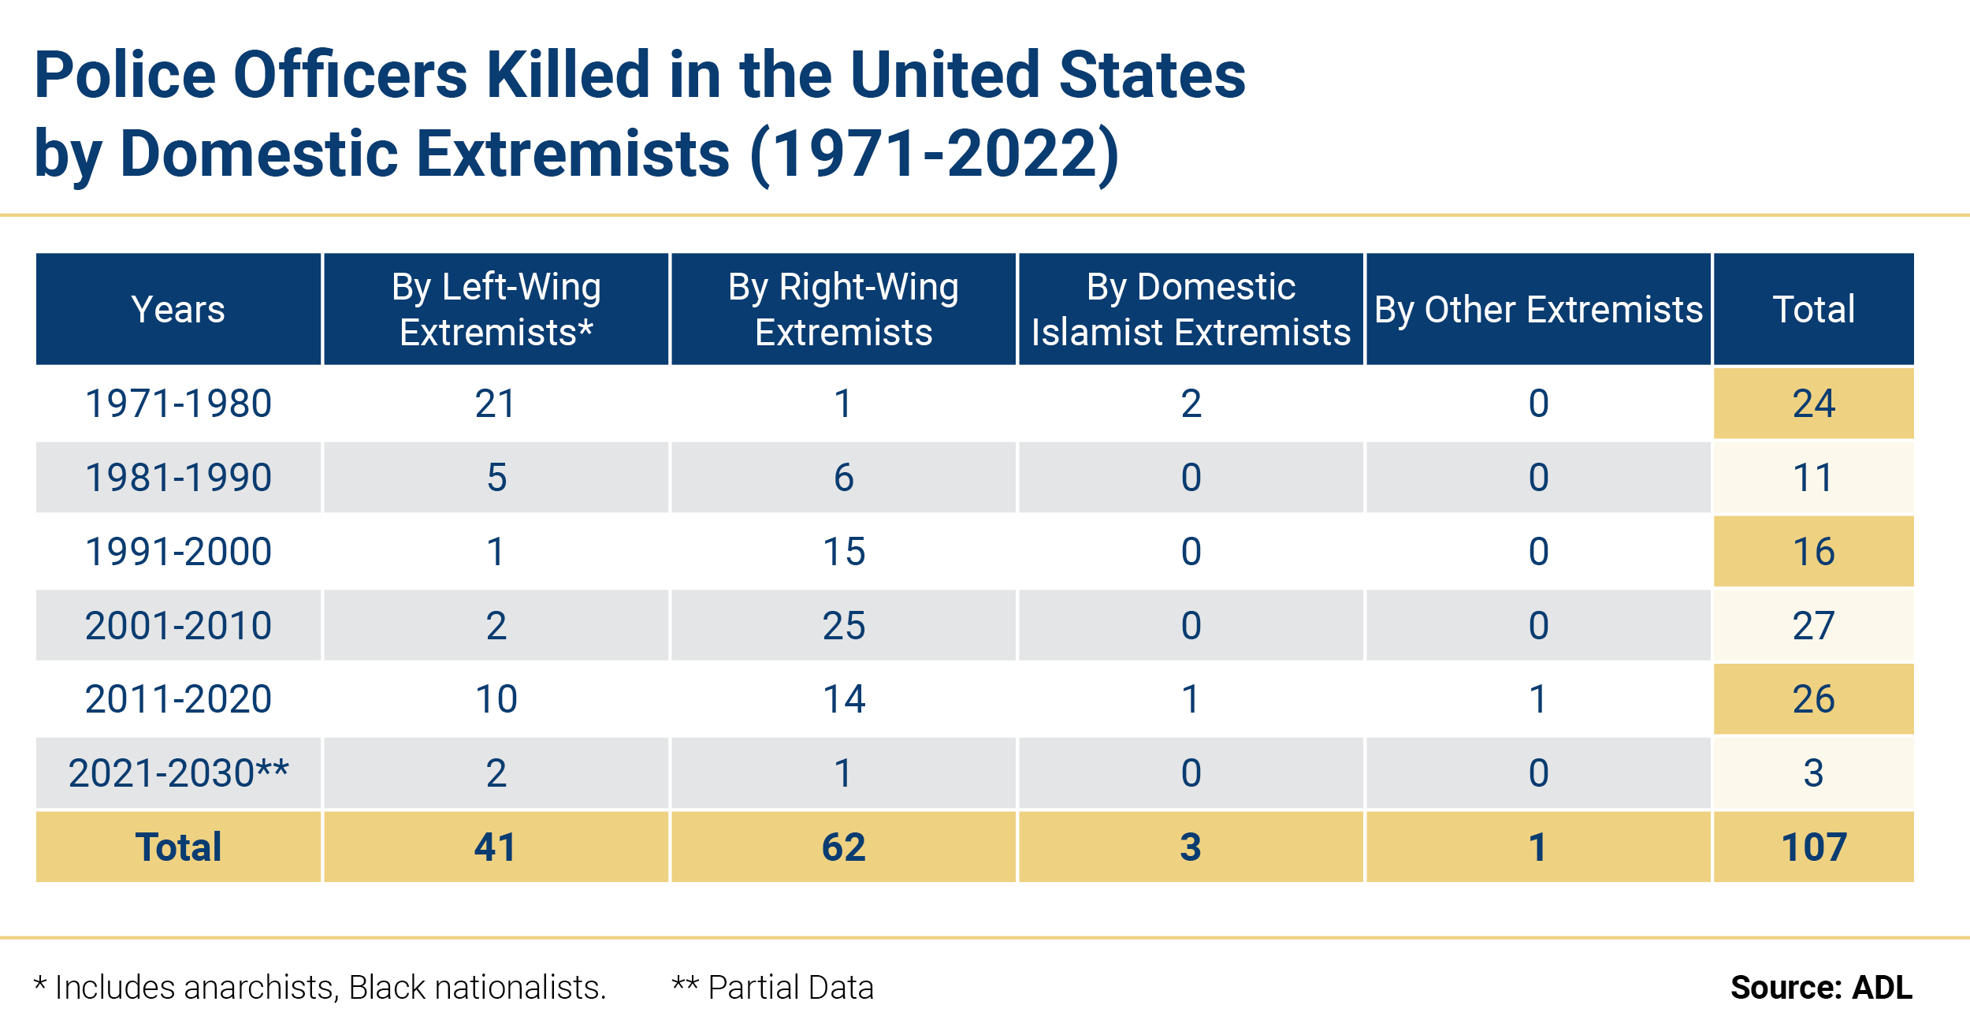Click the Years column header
(178, 309)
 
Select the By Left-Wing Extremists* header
(496, 309)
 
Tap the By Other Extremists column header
(1538, 309)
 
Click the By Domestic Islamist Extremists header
(1191, 309)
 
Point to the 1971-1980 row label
(178, 404)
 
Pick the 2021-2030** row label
(178, 773)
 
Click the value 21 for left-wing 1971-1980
(496, 404)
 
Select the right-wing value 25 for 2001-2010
(843, 625)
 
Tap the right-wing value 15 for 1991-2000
(843, 551)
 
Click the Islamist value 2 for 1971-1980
(1191, 404)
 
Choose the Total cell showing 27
(1813, 625)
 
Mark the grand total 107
(1813, 847)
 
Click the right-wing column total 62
(843, 847)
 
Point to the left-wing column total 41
(496, 847)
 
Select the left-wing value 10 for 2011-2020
(496, 698)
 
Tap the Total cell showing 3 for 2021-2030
(1813, 773)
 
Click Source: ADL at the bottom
(1821, 987)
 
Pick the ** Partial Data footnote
(772, 987)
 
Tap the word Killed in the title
(567, 75)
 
